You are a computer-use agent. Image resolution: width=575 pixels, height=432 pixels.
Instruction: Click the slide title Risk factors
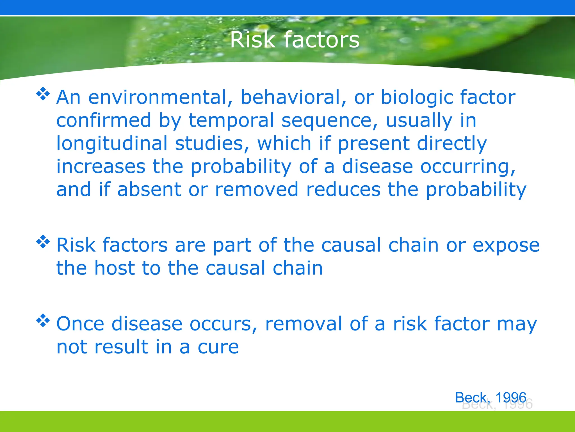(295, 40)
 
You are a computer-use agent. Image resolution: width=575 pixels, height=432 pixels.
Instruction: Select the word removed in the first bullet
(256, 190)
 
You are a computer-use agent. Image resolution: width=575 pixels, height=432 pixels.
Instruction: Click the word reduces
(343, 190)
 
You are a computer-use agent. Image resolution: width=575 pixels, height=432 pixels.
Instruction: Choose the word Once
(80, 324)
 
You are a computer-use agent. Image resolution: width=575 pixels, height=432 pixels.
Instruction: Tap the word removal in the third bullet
(304, 324)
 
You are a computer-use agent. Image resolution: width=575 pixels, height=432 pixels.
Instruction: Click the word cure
(218, 347)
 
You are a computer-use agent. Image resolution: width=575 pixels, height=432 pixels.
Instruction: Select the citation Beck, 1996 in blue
(490, 397)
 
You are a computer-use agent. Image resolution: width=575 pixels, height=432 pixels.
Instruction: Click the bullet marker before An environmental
(43, 94)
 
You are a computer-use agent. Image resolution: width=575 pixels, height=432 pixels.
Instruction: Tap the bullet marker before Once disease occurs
(43, 320)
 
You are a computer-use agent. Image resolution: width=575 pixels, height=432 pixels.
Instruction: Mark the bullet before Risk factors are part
(43, 242)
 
